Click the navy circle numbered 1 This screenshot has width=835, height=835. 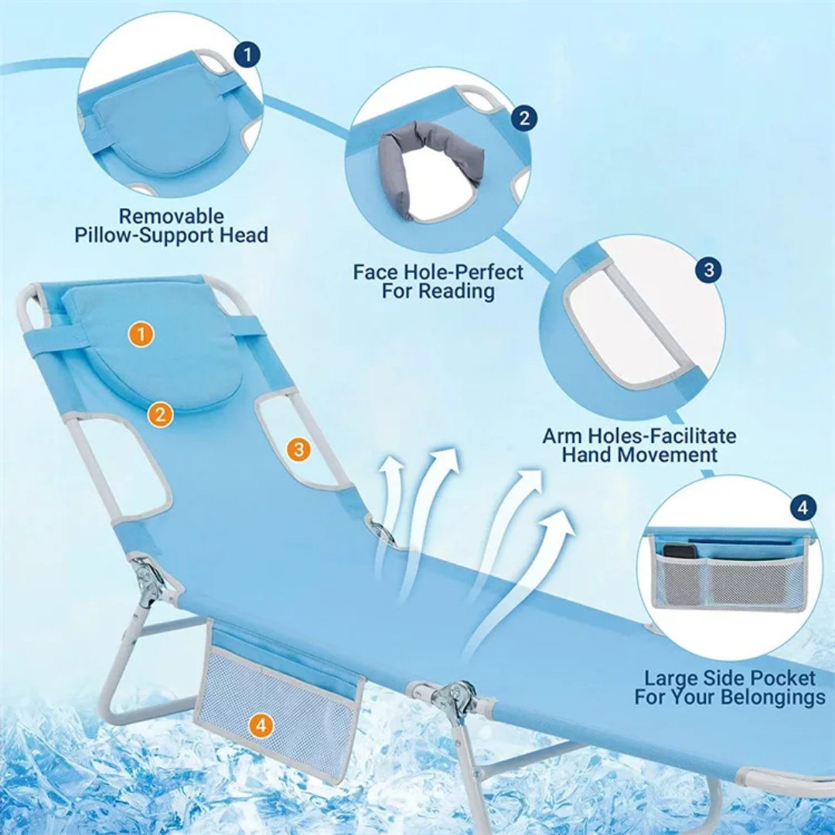pyautogui.click(x=247, y=54)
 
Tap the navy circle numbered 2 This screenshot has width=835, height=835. pyautogui.click(x=524, y=118)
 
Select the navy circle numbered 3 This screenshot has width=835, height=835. pyautogui.click(x=709, y=270)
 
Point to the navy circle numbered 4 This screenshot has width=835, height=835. pyautogui.click(x=803, y=507)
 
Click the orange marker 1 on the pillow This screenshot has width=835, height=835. pyautogui.click(x=141, y=335)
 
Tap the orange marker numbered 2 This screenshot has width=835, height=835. pyautogui.click(x=160, y=414)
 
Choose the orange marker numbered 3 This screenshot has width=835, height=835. pyautogui.click(x=298, y=449)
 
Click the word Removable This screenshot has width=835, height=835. pyautogui.click(x=171, y=216)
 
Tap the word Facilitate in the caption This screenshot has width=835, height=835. pyautogui.click(x=688, y=436)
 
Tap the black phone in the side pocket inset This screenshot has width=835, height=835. pyautogui.click(x=679, y=551)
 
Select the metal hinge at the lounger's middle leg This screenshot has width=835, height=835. pyautogui.click(x=454, y=697)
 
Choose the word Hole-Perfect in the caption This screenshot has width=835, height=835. pyautogui.click(x=463, y=272)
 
